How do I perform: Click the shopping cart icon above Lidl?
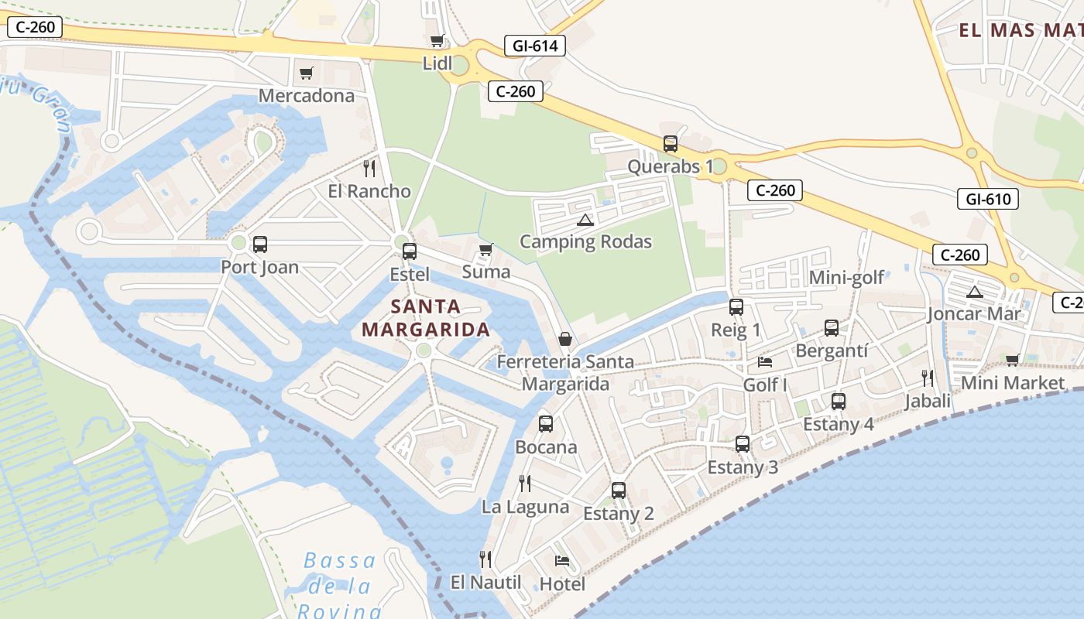[437, 41]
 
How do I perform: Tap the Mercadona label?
[306, 95]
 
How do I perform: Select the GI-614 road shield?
[534, 46]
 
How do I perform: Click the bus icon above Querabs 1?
[671, 144]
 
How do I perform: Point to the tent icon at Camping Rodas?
[585, 220]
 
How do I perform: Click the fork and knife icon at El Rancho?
[369, 168]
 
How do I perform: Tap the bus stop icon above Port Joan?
[260, 245]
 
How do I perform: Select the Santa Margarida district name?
[426, 318]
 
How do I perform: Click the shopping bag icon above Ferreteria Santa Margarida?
[565, 339]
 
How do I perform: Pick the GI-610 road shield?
[988, 199]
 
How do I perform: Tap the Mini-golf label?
[846, 278]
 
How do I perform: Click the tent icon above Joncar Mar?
[974, 292]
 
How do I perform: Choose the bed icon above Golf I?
[765, 362]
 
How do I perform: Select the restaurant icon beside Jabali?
[927, 378]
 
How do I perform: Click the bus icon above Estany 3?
[743, 444]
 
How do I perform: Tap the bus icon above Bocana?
[546, 424]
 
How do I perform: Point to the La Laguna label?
[525, 508]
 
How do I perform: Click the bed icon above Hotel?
[562, 561]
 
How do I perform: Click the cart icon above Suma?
[486, 249]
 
